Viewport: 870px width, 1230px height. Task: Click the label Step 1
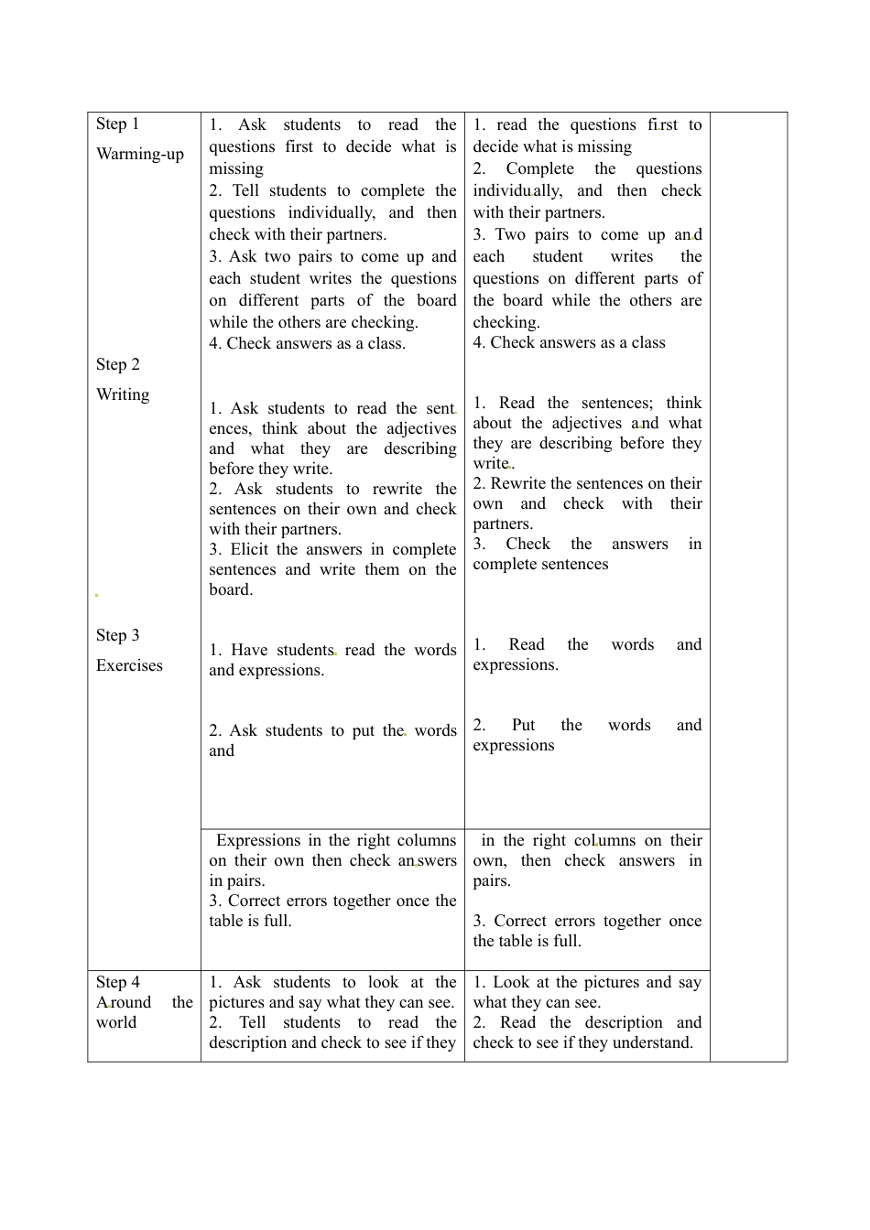(117, 124)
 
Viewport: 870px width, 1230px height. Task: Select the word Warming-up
(140, 154)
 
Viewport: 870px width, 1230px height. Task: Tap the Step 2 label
(118, 364)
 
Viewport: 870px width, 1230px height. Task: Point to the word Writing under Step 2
(123, 394)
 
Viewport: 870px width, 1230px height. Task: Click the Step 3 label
(118, 635)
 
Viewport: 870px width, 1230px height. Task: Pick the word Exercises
(129, 665)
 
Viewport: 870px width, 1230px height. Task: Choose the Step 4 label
(118, 982)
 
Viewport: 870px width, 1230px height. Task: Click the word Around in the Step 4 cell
(124, 1002)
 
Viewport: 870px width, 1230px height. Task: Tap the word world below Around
(116, 1022)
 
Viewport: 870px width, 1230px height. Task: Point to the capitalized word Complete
(539, 168)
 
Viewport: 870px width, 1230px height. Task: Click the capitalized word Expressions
(258, 840)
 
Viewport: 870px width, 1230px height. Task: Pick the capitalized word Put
(523, 725)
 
